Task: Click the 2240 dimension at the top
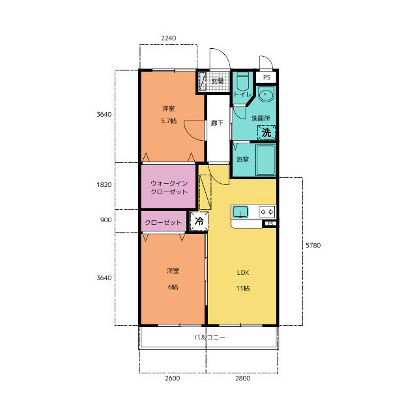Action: tap(168, 38)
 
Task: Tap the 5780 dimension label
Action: tap(313, 245)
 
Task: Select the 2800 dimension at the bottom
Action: tap(242, 378)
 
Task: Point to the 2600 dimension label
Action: tap(172, 378)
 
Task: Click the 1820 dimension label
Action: tap(104, 184)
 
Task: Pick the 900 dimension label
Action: tap(106, 220)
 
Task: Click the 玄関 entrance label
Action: tap(217, 81)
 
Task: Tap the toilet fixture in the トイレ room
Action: tap(242, 81)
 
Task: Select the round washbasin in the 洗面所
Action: tap(266, 94)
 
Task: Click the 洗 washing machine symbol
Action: tap(266, 132)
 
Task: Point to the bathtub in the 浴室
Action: tap(265, 160)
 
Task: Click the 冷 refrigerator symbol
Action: tap(199, 221)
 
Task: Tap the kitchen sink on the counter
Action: tap(240, 212)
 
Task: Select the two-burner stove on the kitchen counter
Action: tap(266, 212)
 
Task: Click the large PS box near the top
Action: tap(266, 77)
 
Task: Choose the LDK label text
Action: tap(243, 272)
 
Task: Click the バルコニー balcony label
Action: tap(210, 338)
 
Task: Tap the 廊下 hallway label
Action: tap(217, 123)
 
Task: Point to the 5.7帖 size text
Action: tap(169, 121)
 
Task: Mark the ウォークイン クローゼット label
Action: tap(169, 188)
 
